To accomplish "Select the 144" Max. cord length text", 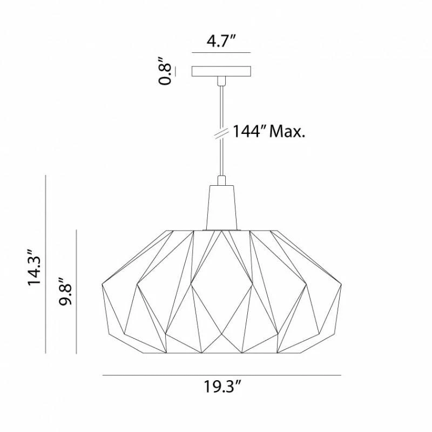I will point(269,131).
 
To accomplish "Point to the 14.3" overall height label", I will point(35,268).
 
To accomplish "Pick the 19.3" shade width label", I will point(222,387).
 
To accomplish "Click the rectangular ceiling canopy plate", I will point(221,71).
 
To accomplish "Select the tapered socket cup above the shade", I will point(221,206).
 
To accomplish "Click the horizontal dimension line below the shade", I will point(221,375).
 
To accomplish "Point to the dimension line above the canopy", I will point(221,52).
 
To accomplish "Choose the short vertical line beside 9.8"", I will point(77,292).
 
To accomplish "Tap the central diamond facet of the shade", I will point(221,283).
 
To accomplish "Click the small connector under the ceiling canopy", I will point(221,81).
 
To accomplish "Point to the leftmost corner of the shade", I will point(103,286).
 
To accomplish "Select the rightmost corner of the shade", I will point(341,286).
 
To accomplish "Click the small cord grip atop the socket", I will point(221,180).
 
